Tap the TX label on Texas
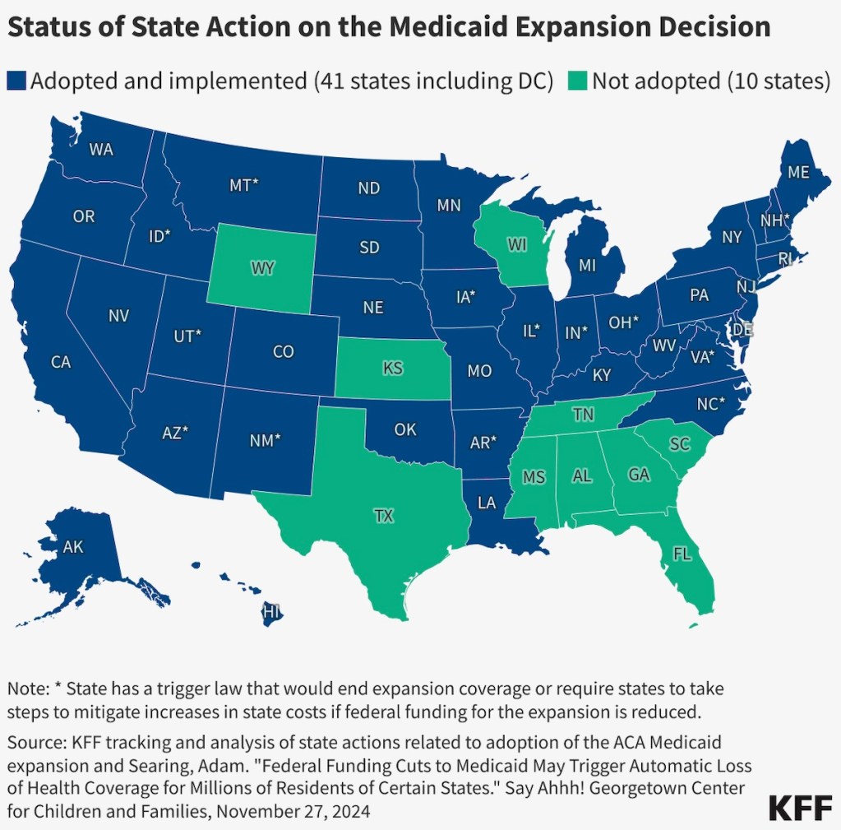[x=383, y=517]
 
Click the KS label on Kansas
[x=393, y=368]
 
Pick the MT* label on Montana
[x=244, y=186]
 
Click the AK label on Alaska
[x=73, y=546]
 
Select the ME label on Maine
[x=798, y=173]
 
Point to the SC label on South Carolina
[x=679, y=444]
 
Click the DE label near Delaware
[x=742, y=330]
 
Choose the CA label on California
[x=61, y=362]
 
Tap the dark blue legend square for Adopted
[x=16, y=81]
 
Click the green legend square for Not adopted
[x=579, y=81]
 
